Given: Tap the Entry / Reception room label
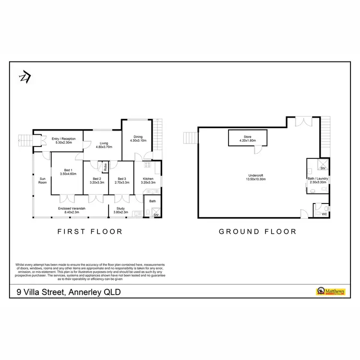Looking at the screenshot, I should [62, 139].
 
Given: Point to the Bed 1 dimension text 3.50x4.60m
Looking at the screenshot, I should [68, 174].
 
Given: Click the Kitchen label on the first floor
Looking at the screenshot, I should [148, 178].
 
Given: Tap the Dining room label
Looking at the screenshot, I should [137, 137].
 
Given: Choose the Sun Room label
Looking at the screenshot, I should [42, 180].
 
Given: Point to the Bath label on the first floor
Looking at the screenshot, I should [153, 201].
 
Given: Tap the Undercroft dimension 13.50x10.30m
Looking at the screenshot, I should [257, 179].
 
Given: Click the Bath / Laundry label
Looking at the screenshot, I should [318, 179].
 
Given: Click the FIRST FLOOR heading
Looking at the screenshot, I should [90, 231].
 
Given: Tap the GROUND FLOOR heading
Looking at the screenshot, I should [257, 231].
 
